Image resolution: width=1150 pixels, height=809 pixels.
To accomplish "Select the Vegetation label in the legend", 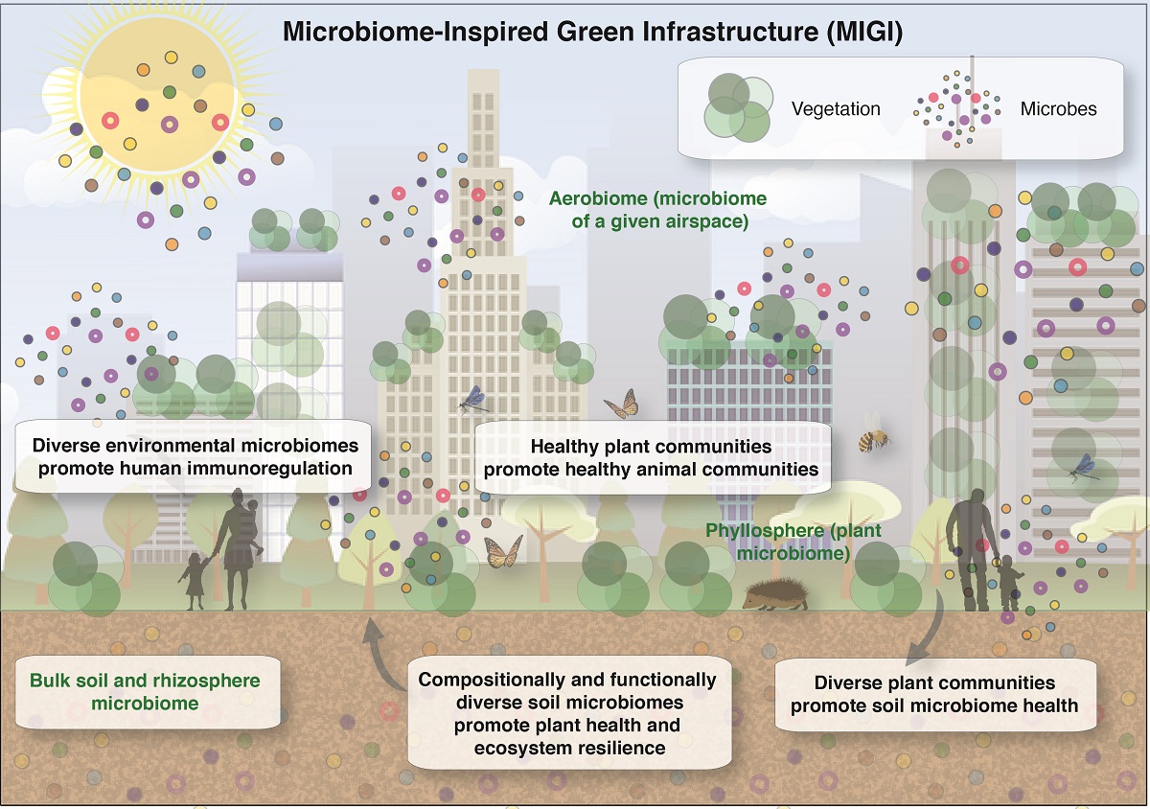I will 836,108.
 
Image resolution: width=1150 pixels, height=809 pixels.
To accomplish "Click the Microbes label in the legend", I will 1058,108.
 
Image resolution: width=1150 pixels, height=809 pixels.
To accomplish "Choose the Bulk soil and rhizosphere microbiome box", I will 145,691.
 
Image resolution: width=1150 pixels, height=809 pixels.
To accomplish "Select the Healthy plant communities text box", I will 651,458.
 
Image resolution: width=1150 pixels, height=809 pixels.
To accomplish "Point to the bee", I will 873,434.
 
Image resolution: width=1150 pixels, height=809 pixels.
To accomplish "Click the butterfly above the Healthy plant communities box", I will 622,404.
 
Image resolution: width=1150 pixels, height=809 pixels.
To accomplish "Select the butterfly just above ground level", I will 503,552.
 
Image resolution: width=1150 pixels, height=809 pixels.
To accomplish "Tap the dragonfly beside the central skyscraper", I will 473,400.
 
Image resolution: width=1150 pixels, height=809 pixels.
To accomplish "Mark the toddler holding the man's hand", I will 1010,586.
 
